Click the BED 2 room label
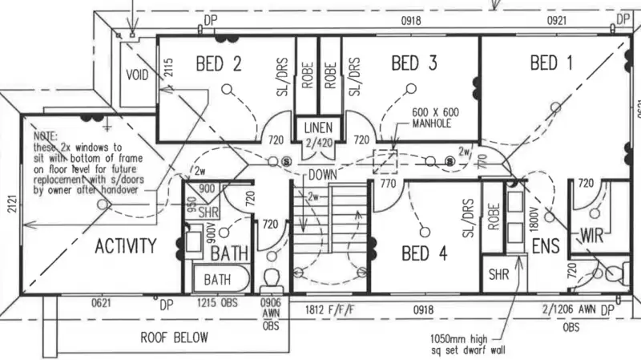click(x=219, y=63)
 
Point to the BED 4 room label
click(x=426, y=254)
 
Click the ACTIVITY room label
click(x=126, y=246)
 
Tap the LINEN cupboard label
click(x=320, y=127)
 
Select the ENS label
click(x=546, y=246)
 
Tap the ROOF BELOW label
click(x=174, y=337)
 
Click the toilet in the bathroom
click(x=270, y=280)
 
